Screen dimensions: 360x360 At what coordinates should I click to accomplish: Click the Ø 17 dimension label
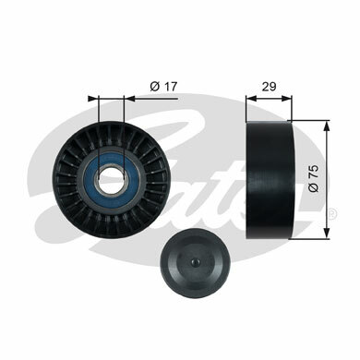point(163,87)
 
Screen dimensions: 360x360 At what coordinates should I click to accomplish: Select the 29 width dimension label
point(269,87)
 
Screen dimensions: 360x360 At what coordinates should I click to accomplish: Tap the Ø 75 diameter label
point(314,178)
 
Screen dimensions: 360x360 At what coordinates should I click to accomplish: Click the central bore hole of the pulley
point(111,177)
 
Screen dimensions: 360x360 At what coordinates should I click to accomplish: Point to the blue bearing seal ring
point(89,178)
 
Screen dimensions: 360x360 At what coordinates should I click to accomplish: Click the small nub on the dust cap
point(195,262)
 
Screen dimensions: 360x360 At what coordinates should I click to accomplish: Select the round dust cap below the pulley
point(195,262)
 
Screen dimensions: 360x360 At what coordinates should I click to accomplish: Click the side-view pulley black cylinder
point(270,179)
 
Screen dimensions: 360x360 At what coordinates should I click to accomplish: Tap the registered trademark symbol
point(332,213)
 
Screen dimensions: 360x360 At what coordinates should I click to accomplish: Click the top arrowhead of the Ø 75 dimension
point(327,126)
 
